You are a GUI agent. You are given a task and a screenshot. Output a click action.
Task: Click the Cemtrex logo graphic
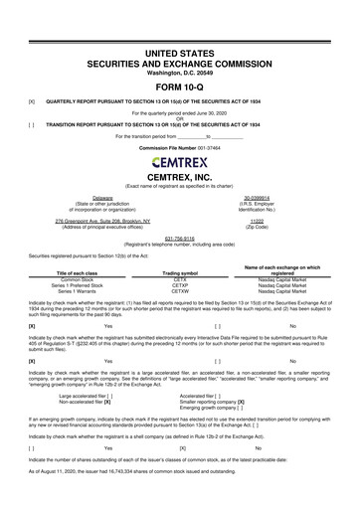tap(180, 162)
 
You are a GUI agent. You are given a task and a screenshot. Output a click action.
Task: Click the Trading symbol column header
tap(180, 273)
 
